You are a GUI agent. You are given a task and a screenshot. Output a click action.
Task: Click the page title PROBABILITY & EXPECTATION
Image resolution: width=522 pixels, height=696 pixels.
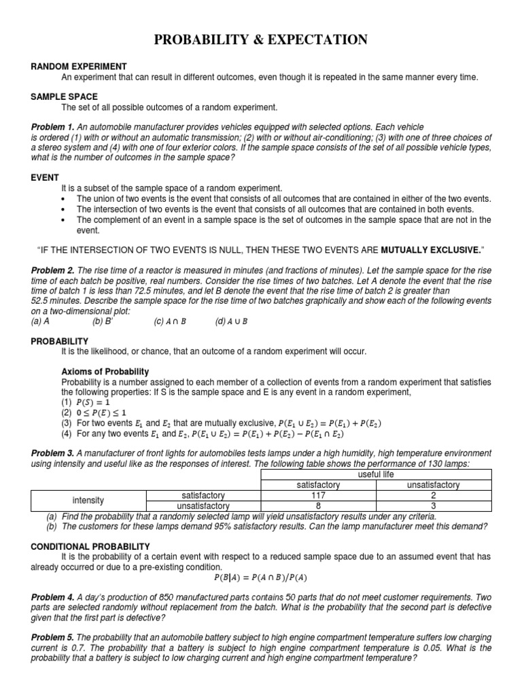[261, 41]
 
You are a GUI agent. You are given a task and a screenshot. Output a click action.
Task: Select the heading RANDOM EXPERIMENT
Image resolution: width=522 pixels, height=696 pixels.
[79, 67]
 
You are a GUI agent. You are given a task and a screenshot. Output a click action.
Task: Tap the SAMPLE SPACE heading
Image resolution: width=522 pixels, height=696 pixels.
[64, 97]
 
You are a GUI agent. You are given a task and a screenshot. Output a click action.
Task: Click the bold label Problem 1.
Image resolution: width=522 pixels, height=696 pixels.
[52, 127]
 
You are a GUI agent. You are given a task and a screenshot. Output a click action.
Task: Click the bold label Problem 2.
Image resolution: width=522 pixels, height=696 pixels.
[52, 271]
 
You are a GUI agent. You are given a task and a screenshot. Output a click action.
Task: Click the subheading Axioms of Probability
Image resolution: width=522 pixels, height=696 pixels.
[105, 372]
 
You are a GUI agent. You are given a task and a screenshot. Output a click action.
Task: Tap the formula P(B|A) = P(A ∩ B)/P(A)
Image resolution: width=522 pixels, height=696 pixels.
[261, 578]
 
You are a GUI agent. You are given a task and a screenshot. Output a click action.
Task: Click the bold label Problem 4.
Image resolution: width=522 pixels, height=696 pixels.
[52, 597]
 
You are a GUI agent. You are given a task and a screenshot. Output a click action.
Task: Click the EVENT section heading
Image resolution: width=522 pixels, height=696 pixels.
[46, 177]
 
